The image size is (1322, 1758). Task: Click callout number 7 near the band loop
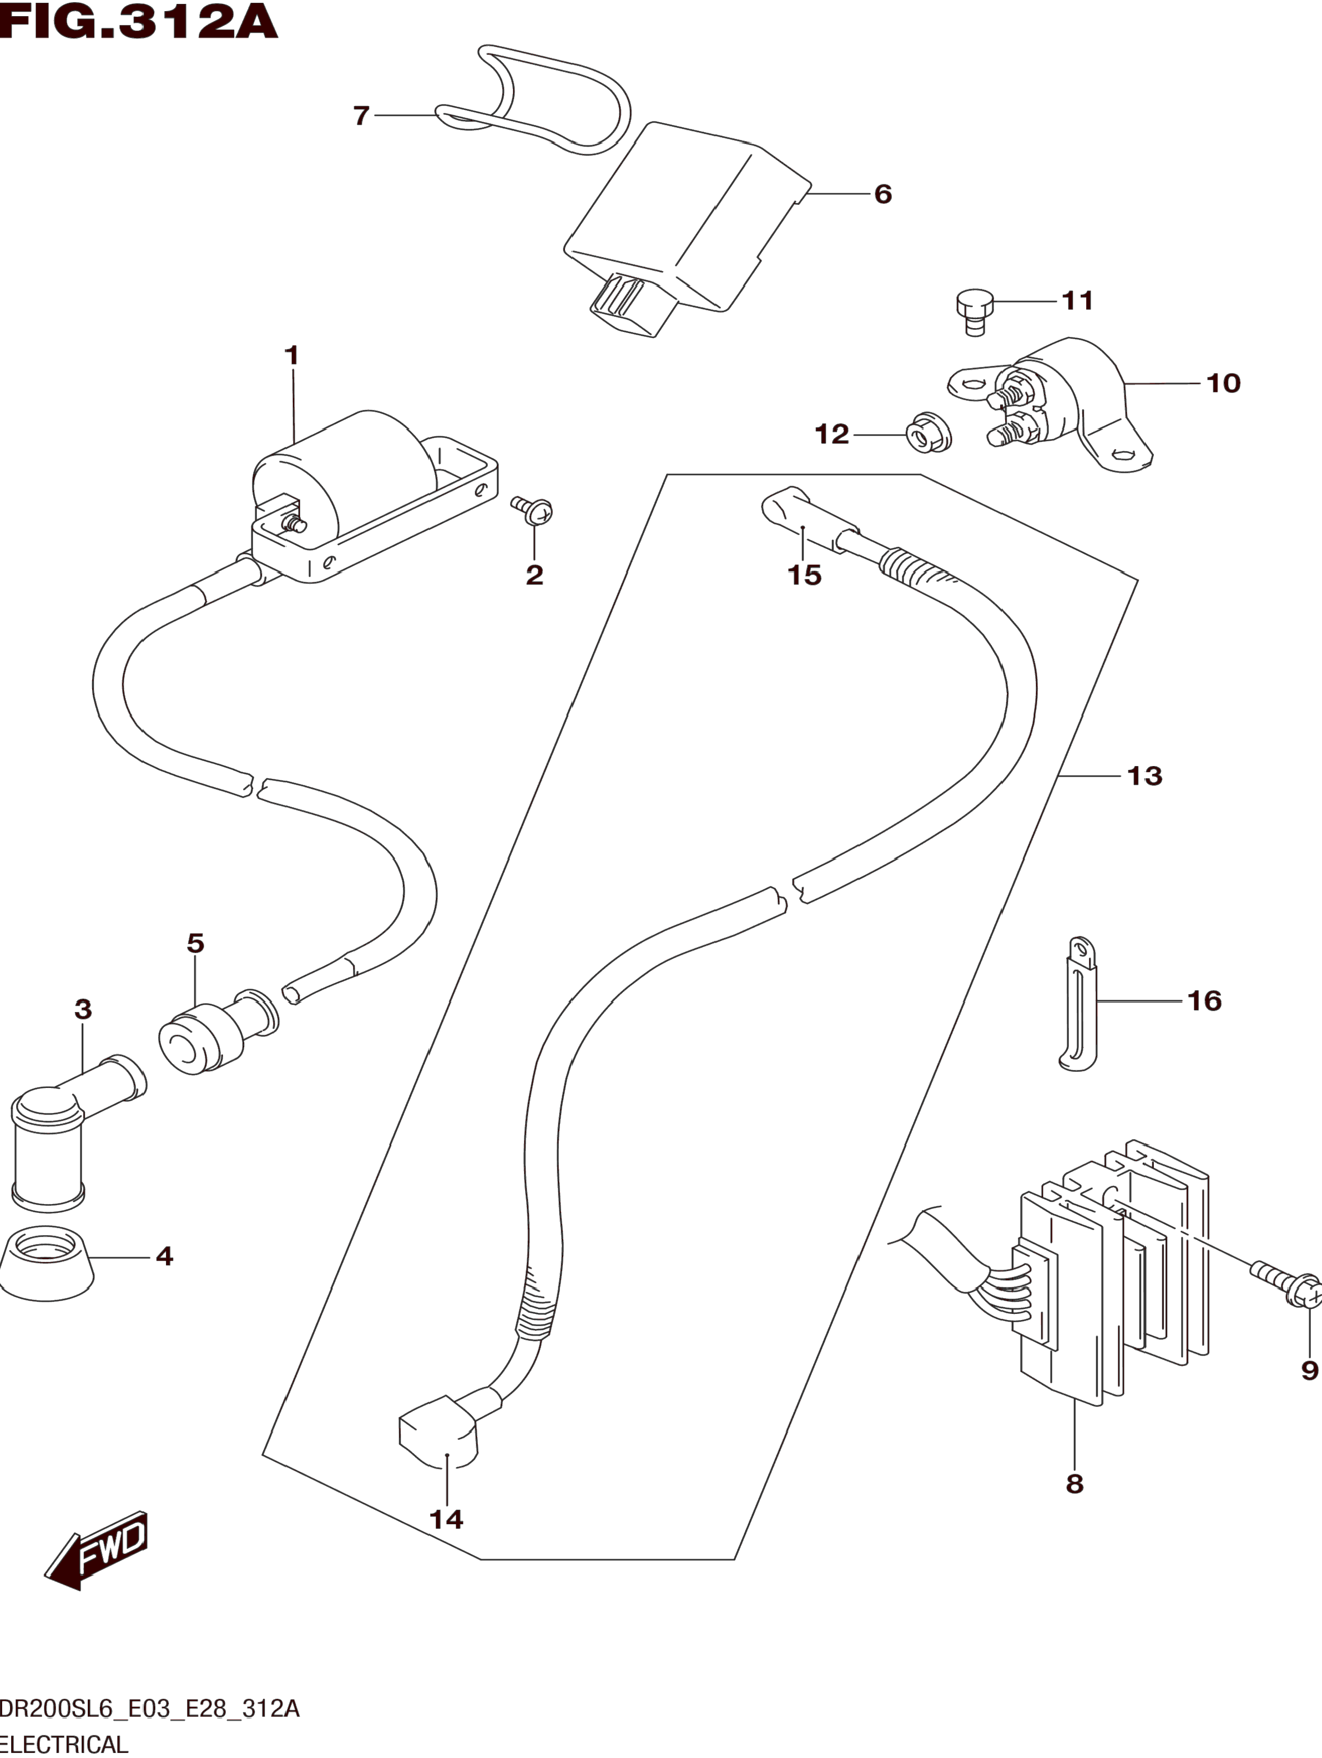(361, 116)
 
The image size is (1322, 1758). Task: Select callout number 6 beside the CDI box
(882, 194)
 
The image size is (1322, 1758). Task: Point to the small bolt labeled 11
(974, 310)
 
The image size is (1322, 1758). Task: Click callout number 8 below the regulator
(1074, 1483)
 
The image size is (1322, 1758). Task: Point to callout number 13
(1145, 775)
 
